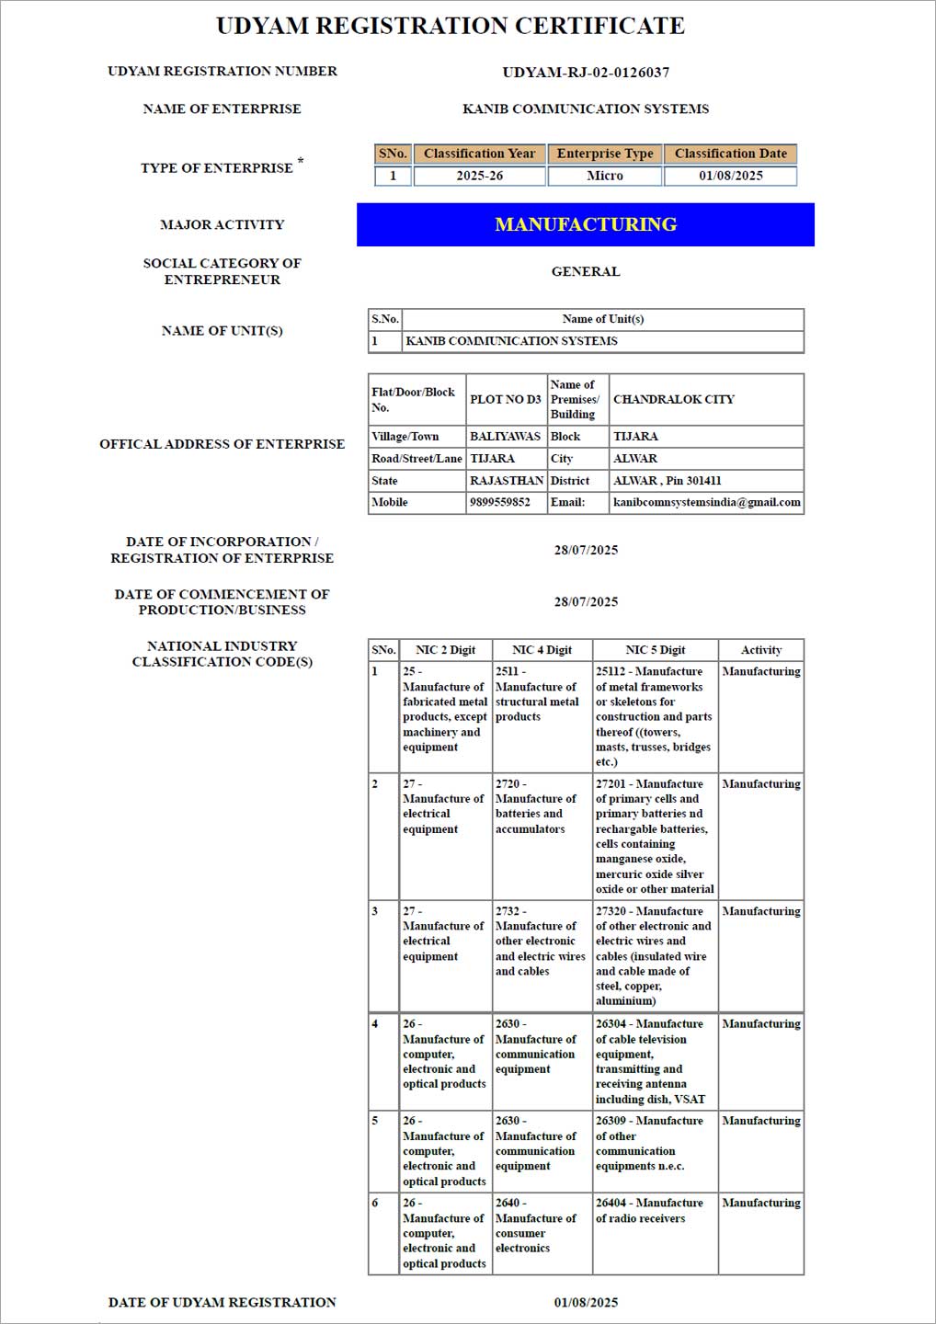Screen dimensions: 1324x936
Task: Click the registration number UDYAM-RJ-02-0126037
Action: click(586, 72)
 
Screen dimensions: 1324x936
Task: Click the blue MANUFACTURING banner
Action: click(586, 224)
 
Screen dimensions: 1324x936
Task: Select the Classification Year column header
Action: click(479, 154)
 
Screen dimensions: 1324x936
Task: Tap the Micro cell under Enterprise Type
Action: click(605, 176)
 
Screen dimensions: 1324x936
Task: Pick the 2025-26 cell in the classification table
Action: click(479, 176)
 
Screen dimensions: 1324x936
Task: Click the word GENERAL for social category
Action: click(586, 271)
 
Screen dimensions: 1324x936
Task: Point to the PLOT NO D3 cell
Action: click(505, 399)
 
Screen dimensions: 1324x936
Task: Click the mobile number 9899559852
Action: click(500, 502)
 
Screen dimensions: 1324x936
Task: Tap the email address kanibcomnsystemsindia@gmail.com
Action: click(706, 502)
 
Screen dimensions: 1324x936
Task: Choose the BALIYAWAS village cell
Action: click(505, 436)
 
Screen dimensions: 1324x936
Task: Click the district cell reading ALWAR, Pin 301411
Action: click(668, 480)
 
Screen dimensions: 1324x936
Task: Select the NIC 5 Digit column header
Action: click(655, 650)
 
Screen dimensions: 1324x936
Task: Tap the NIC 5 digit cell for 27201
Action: click(654, 836)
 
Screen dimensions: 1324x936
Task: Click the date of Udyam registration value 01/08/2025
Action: click(586, 1302)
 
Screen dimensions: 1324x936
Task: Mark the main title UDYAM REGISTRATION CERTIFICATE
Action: click(451, 26)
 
